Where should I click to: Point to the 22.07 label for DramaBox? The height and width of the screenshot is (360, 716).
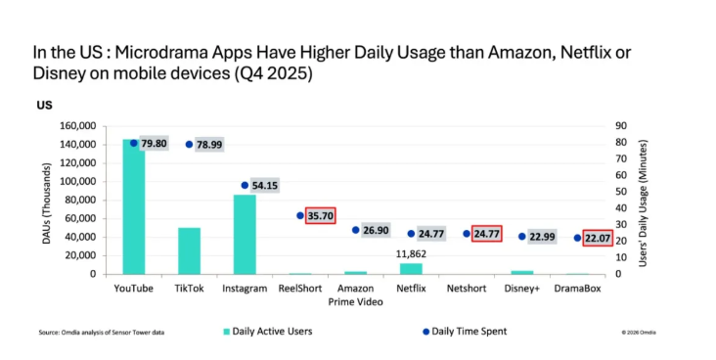pyautogui.click(x=598, y=238)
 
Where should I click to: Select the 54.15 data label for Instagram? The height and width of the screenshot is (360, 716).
pyautogui.click(x=265, y=185)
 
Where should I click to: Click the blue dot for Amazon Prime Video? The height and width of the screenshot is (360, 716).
pyautogui.click(x=356, y=230)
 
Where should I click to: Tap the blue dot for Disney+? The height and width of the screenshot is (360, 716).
pyautogui.click(x=522, y=236)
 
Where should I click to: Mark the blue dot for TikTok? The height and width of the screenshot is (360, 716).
pyautogui.click(x=189, y=144)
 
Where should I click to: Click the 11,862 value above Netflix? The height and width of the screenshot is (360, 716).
pyautogui.click(x=412, y=253)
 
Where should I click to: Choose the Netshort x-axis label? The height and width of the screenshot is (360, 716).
pyautogui.click(x=467, y=290)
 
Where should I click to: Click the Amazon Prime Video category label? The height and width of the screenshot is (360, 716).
pyautogui.click(x=356, y=295)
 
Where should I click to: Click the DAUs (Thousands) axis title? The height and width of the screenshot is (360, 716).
pyautogui.click(x=42, y=201)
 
